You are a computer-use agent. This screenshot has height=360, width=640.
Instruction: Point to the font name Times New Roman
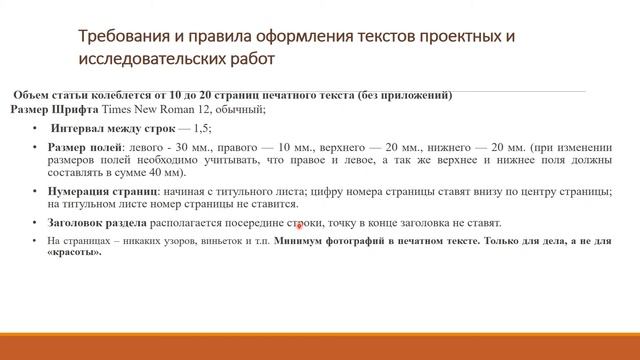pos(147,109)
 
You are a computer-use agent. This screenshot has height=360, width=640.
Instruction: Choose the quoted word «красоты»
pos(74,253)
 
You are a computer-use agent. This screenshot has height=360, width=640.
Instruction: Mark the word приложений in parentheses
pos(417,96)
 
